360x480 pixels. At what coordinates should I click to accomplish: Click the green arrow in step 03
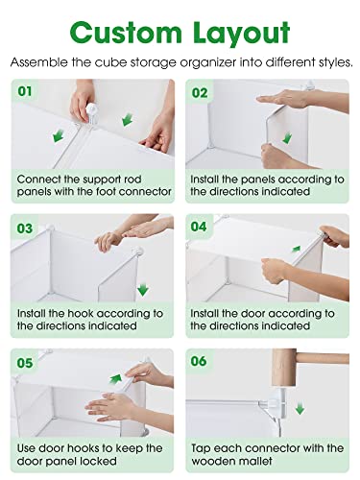click(x=143, y=288)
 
